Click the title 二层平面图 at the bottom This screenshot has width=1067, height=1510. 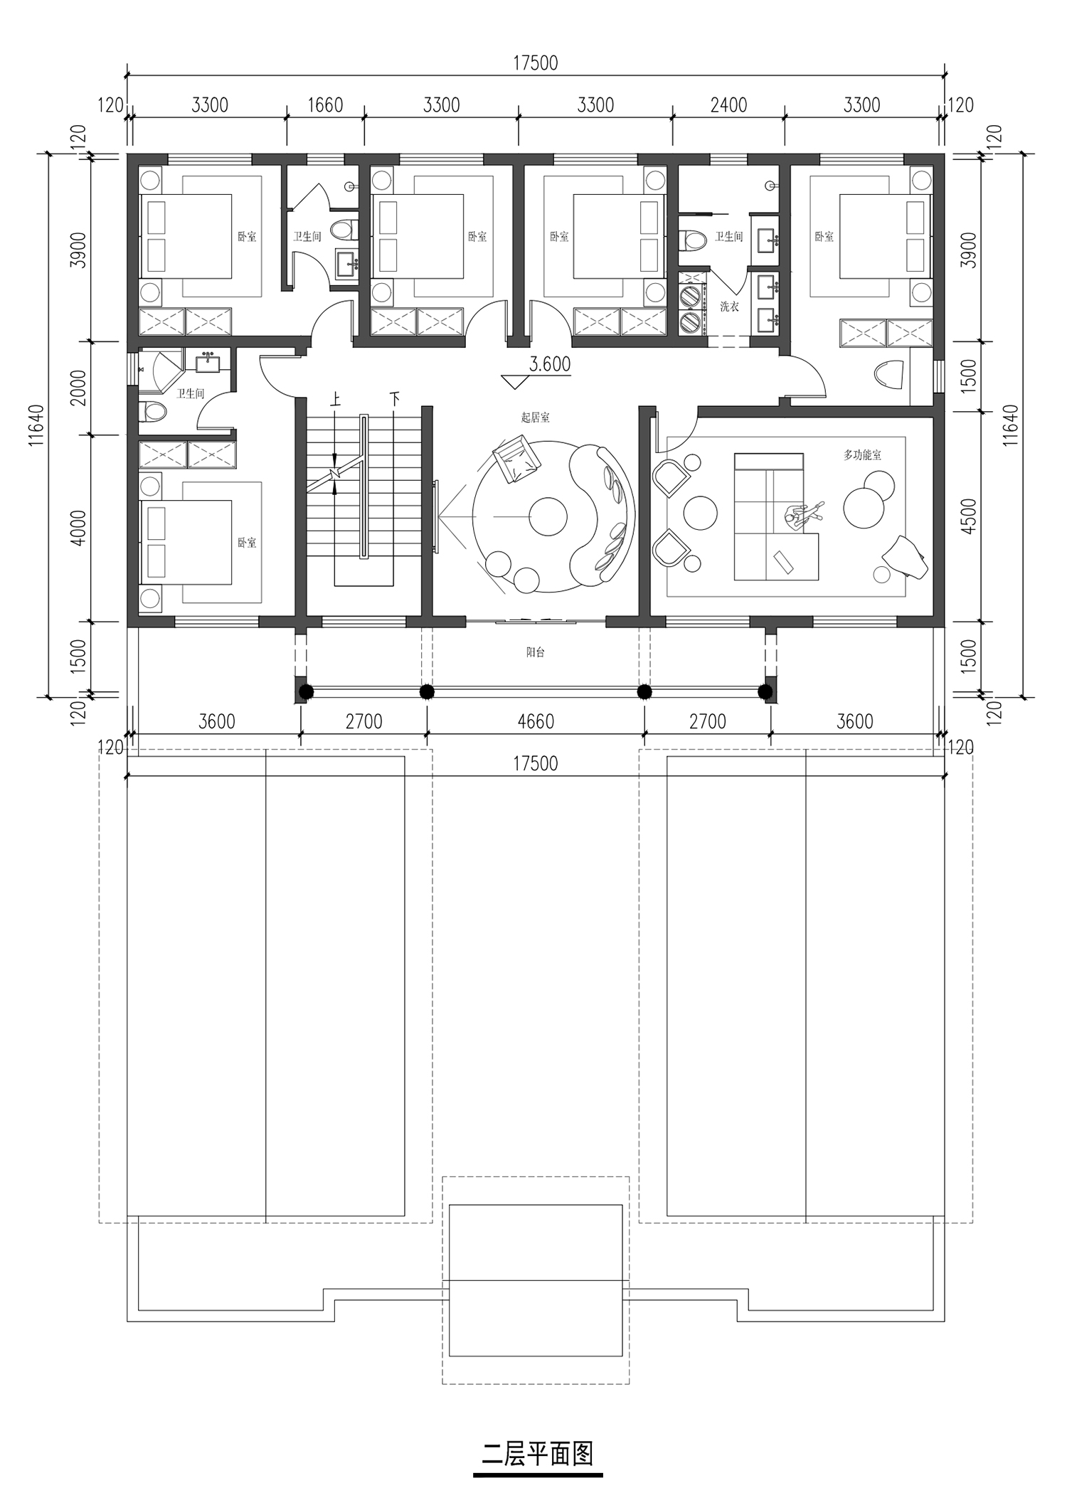point(537,1454)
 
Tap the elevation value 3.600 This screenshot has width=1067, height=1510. point(550,364)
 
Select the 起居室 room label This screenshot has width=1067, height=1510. point(535,418)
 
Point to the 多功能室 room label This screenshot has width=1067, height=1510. point(862,454)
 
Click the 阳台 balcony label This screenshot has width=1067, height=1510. point(535,652)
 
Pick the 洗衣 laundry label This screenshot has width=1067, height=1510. point(729,307)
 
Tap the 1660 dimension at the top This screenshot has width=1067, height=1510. point(325,105)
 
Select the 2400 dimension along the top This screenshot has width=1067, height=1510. point(728,105)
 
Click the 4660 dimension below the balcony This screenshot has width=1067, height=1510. point(536,721)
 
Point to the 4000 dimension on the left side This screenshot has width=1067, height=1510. point(78,528)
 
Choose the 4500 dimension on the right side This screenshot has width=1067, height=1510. point(968,516)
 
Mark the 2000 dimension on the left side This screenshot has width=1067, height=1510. point(78,388)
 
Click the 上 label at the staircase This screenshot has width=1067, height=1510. point(336,398)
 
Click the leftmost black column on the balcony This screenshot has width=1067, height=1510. point(305,691)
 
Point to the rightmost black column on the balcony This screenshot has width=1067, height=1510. point(765,691)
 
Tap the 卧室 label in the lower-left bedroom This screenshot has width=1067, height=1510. point(247,543)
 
